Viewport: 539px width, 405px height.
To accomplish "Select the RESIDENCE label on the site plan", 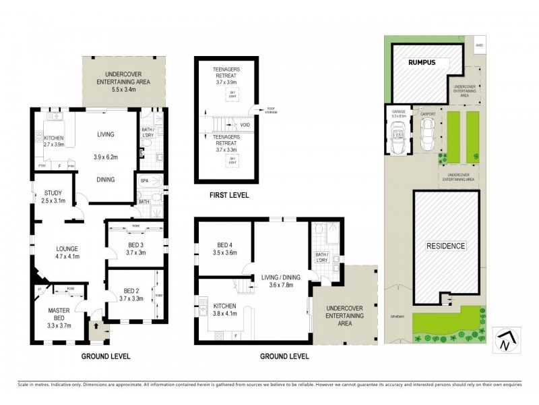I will click(445, 246).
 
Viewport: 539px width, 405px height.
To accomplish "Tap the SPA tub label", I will click(144, 182).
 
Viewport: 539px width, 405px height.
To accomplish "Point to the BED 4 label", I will click(225, 245).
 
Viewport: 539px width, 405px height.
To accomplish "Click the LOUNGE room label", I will click(67, 248).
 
